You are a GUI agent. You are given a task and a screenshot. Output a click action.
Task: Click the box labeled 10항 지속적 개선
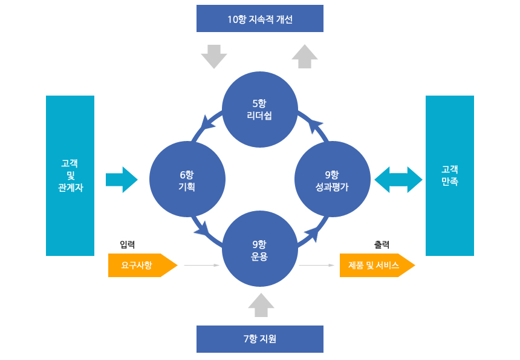click(x=260, y=19)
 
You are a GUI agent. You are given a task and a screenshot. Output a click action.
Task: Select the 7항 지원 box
click(x=260, y=339)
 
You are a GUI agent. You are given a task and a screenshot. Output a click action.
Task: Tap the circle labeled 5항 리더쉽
click(x=260, y=109)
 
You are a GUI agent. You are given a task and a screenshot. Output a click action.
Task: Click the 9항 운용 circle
click(x=260, y=250)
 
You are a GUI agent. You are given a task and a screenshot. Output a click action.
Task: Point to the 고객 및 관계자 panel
click(x=70, y=175)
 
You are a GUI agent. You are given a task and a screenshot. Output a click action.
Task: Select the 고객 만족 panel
click(x=450, y=175)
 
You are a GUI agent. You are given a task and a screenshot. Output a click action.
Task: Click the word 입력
click(x=127, y=244)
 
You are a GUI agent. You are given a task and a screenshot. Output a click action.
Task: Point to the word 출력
click(x=382, y=244)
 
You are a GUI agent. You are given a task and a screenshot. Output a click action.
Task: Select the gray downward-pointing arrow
click(x=213, y=56)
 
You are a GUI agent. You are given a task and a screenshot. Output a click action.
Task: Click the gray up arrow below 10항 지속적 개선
click(x=304, y=56)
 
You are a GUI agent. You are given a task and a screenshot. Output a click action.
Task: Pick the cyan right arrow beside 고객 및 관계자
click(x=122, y=180)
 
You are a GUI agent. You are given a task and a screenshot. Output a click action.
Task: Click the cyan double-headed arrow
click(x=398, y=180)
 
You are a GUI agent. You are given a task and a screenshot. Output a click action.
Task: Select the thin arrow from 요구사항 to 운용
click(x=201, y=265)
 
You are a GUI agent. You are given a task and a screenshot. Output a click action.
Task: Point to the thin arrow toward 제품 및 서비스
click(x=317, y=265)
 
